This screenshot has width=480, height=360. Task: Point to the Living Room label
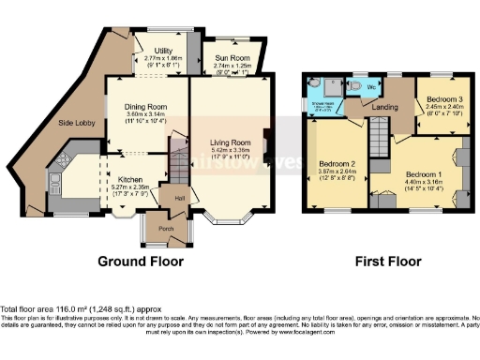tap(230, 142)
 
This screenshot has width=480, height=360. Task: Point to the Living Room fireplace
tap(266, 142)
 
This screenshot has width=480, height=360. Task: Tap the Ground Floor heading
tap(141, 262)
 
